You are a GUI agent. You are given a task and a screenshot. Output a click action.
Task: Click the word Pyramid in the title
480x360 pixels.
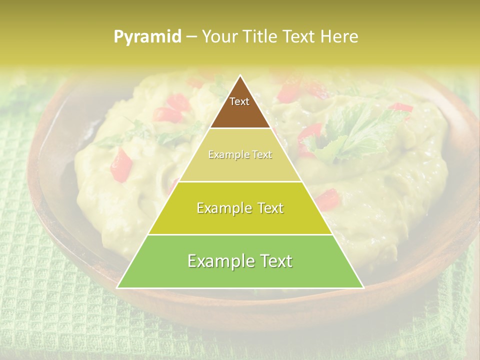[x=147, y=36]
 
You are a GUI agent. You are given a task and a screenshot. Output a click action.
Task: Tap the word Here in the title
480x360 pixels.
[x=340, y=36]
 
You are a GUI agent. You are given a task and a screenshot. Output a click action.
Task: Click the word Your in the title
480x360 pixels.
[x=218, y=36]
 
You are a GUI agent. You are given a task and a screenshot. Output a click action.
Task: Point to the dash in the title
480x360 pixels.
[x=191, y=36]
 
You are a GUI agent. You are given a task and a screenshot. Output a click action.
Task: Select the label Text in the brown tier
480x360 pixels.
[x=239, y=101]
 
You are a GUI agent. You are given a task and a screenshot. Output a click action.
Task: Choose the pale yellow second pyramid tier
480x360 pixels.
[x=240, y=165]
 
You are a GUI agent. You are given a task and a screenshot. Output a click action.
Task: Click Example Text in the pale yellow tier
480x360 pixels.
[x=240, y=154]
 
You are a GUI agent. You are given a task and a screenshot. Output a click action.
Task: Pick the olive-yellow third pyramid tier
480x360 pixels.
[x=240, y=220]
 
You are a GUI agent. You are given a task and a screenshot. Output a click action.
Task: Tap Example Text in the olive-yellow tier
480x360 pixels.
[x=240, y=208]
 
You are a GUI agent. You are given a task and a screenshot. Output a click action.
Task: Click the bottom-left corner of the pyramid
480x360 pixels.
[x=117, y=287]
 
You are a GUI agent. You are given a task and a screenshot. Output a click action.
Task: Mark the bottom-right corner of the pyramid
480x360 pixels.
[x=363, y=287]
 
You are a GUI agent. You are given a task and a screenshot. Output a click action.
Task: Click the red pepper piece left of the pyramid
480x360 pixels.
[x=121, y=165]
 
